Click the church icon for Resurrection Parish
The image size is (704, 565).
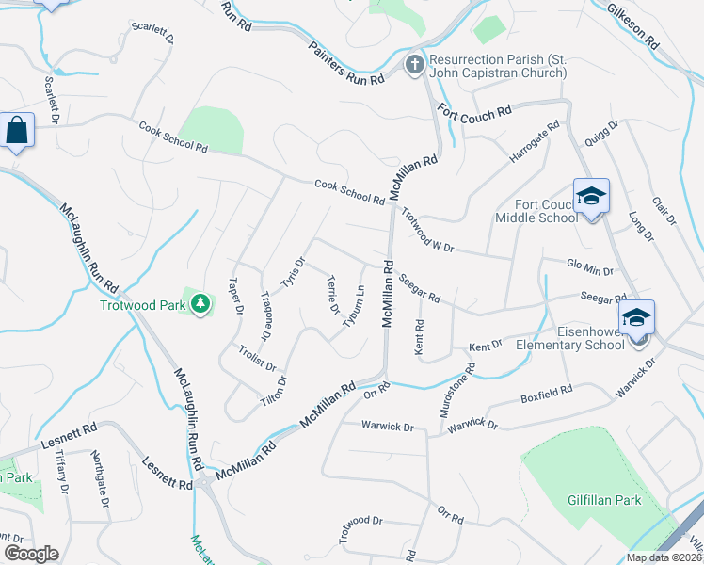(413, 64)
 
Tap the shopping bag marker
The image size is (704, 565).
(18, 130)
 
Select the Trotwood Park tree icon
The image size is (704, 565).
(200, 303)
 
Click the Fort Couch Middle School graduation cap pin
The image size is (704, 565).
(591, 196)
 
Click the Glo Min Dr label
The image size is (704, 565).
(590, 267)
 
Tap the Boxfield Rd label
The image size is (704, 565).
(547, 395)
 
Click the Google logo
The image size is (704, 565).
(31, 554)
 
